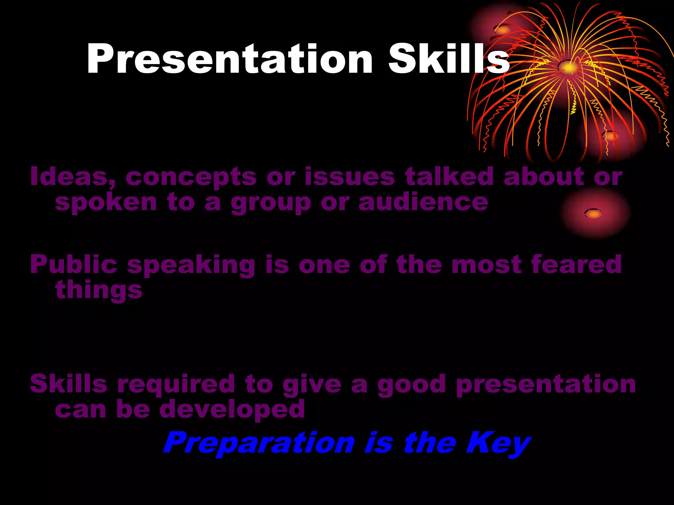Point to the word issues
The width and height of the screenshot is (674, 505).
point(350,177)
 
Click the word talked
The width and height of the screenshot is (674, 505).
point(450,177)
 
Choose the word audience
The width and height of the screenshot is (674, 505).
point(423,202)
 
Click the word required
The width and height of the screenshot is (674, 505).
point(176,384)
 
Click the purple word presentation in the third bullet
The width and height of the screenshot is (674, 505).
point(546,384)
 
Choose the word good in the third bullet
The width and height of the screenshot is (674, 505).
point(411,384)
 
